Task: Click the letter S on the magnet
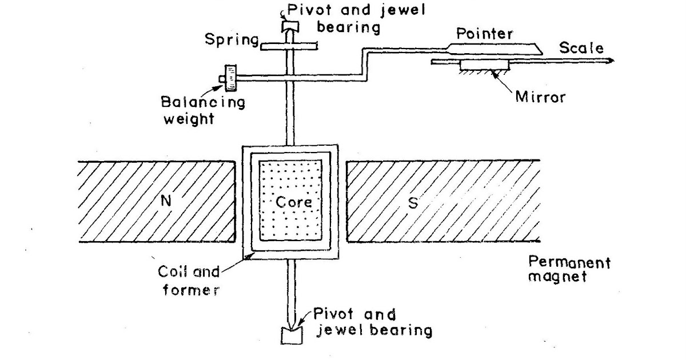click(412, 204)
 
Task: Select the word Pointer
click(484, 34)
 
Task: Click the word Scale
click(580, 48)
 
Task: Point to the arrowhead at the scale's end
click(611, 59)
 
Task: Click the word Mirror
click(540, 97)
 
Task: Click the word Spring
click(231, 39)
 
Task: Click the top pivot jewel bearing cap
click(289, 26)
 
